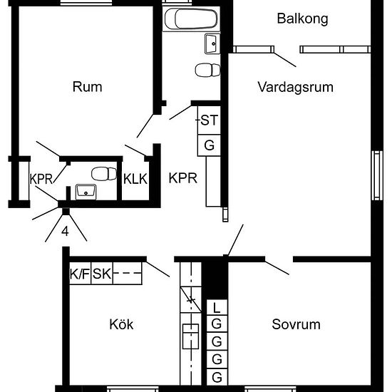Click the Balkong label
coord(302,19)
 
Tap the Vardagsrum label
coord(296,88)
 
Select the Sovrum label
coord(296,324)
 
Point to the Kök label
coord(121,324)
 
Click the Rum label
coord(87,87)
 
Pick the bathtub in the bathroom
coord(191,19)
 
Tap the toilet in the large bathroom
coord(207,70)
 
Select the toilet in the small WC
coord(104,174)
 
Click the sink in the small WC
coord(86,192)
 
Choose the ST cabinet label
coord(210,120)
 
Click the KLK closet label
coord(135,179)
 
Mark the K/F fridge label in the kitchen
coord(80,274)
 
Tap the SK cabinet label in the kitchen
coord(102,274)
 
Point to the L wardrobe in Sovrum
coord(217,307)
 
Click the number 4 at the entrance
coord(65,232)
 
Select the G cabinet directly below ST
coord(210,145)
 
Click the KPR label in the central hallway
coord(182,178)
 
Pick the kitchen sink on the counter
coord(190,336)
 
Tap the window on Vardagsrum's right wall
coord(377,175)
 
